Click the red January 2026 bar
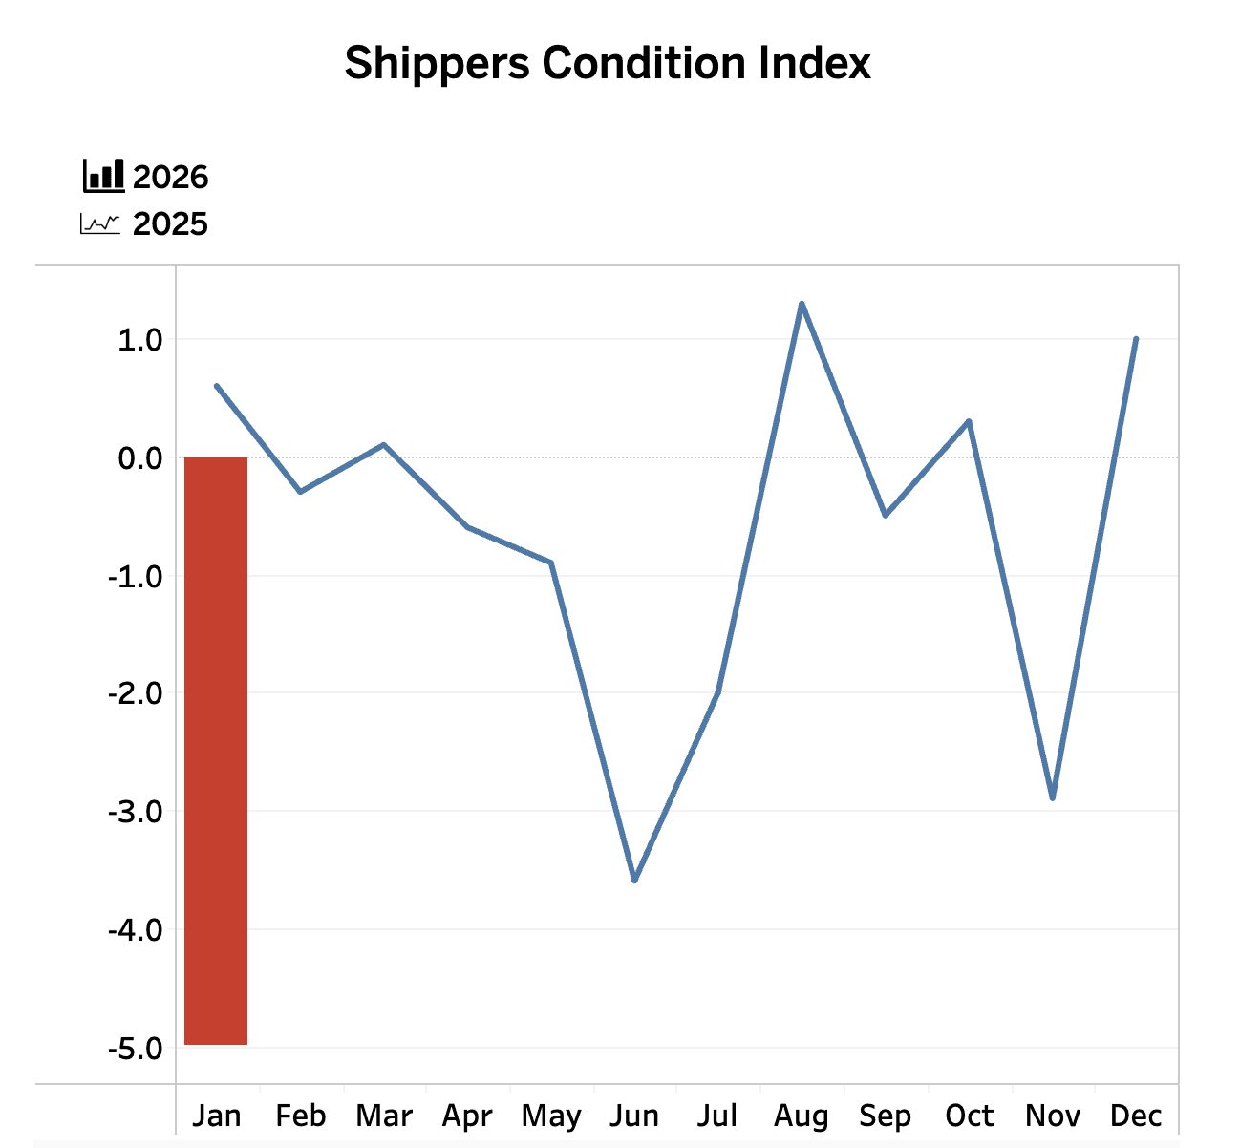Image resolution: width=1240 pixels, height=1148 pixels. (216, 751)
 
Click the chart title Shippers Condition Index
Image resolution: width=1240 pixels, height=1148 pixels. (608, 64)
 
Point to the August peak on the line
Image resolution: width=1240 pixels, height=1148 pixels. (802, 304)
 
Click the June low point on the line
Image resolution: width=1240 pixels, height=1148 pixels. (634, 880)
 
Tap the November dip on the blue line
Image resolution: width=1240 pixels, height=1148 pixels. (1052, 797)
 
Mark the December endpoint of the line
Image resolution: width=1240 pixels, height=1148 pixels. (1135, 339)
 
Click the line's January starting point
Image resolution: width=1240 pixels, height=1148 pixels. (217, 386)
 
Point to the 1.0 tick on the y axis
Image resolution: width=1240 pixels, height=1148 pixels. (139, 340)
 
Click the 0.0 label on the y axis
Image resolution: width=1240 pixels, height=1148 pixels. (139, 458)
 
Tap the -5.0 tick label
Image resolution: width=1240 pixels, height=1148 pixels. (135, 1049)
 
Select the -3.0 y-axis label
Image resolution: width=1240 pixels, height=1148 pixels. (135, 812)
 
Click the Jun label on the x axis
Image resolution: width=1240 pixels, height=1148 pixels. (634, 1116)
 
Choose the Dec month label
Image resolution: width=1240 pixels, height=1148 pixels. (1136, 1116)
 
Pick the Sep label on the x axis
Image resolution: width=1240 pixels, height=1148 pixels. (885, 1116)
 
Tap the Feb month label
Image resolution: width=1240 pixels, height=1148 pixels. (300, 1116)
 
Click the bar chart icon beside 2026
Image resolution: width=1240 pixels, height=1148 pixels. (103, 176)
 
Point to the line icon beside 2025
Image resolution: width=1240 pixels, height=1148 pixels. (100, 224)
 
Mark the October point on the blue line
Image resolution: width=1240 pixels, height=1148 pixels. (969, 421)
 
